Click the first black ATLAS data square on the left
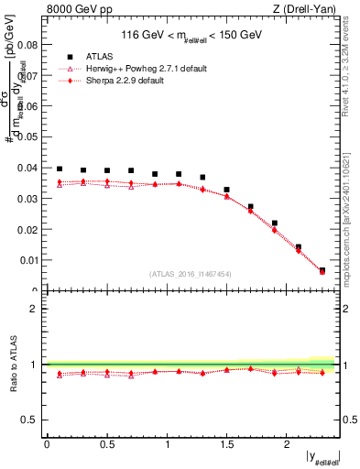pos(60,169)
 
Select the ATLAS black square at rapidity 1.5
pos(226,190)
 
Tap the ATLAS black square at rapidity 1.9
pos(274,223)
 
